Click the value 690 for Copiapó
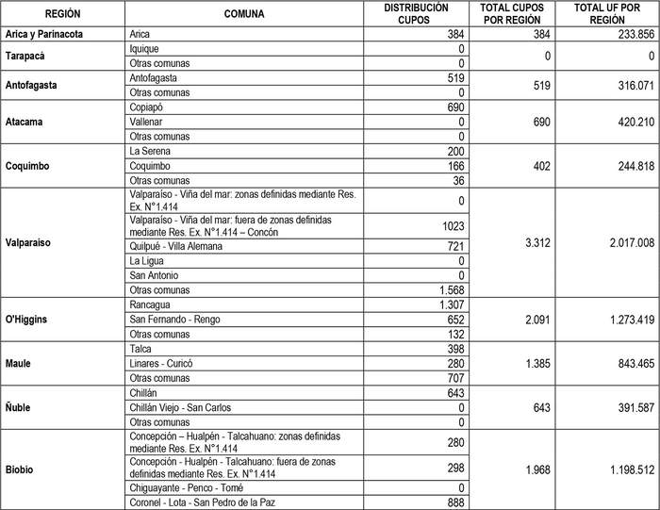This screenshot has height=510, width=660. tap(453, 107)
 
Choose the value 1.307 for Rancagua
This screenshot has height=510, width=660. tap(448, 304)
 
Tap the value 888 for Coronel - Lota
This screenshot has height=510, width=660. tap(453, 502)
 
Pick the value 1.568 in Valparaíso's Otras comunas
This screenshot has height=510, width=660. tap(448, 289)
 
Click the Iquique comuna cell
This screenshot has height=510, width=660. tap(145, 48)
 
